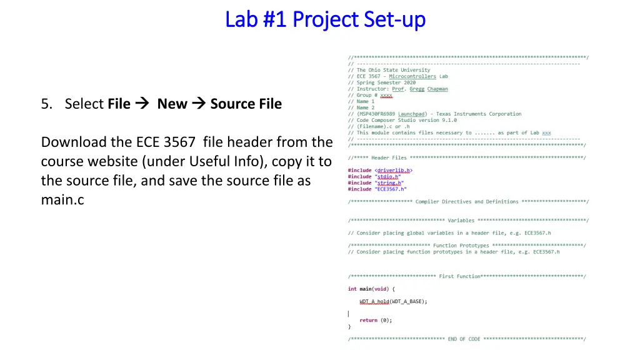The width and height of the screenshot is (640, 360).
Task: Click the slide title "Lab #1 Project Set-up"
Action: (325, 19)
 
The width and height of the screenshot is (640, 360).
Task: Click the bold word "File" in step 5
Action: (119, 104)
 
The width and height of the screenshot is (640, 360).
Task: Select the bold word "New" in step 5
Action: (172, 104)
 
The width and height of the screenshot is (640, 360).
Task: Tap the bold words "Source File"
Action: (246, 104)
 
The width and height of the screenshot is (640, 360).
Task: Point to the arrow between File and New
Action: (142, 104)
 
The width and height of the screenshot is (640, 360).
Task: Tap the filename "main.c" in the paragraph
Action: (62, 200)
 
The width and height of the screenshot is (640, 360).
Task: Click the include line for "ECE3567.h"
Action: (377, 189)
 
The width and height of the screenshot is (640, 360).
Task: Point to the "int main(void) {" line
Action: (371, 289)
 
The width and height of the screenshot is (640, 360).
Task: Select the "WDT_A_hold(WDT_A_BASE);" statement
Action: (393, 301)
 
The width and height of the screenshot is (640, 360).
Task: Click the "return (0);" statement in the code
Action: (376, 320)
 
